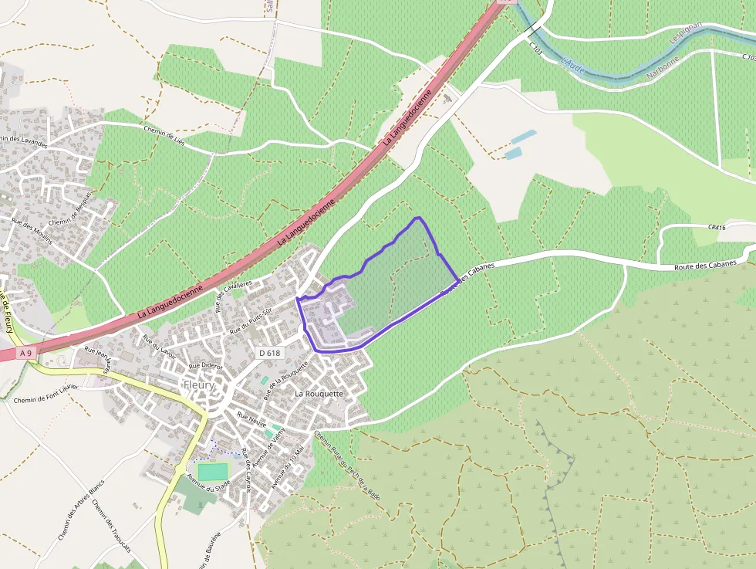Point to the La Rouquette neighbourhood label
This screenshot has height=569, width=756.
(318, 393)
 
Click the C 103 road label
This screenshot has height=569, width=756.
(536, 49)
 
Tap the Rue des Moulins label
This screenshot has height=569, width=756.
(32, 230)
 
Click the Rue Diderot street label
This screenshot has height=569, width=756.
(205, 366)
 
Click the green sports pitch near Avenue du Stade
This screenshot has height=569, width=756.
(212, 471)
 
